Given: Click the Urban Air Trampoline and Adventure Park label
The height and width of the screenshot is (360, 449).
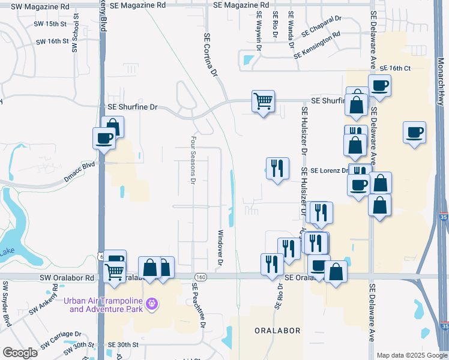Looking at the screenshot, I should [x=105, y=305].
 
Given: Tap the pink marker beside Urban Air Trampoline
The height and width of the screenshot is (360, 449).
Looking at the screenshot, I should [x=152, y=305].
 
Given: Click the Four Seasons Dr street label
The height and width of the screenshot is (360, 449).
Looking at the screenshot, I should [x=193, y=159].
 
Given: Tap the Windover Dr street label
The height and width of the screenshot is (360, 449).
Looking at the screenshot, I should [x=220, y=247].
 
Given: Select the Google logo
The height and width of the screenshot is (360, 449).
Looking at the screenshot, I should [x=20, y=353].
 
